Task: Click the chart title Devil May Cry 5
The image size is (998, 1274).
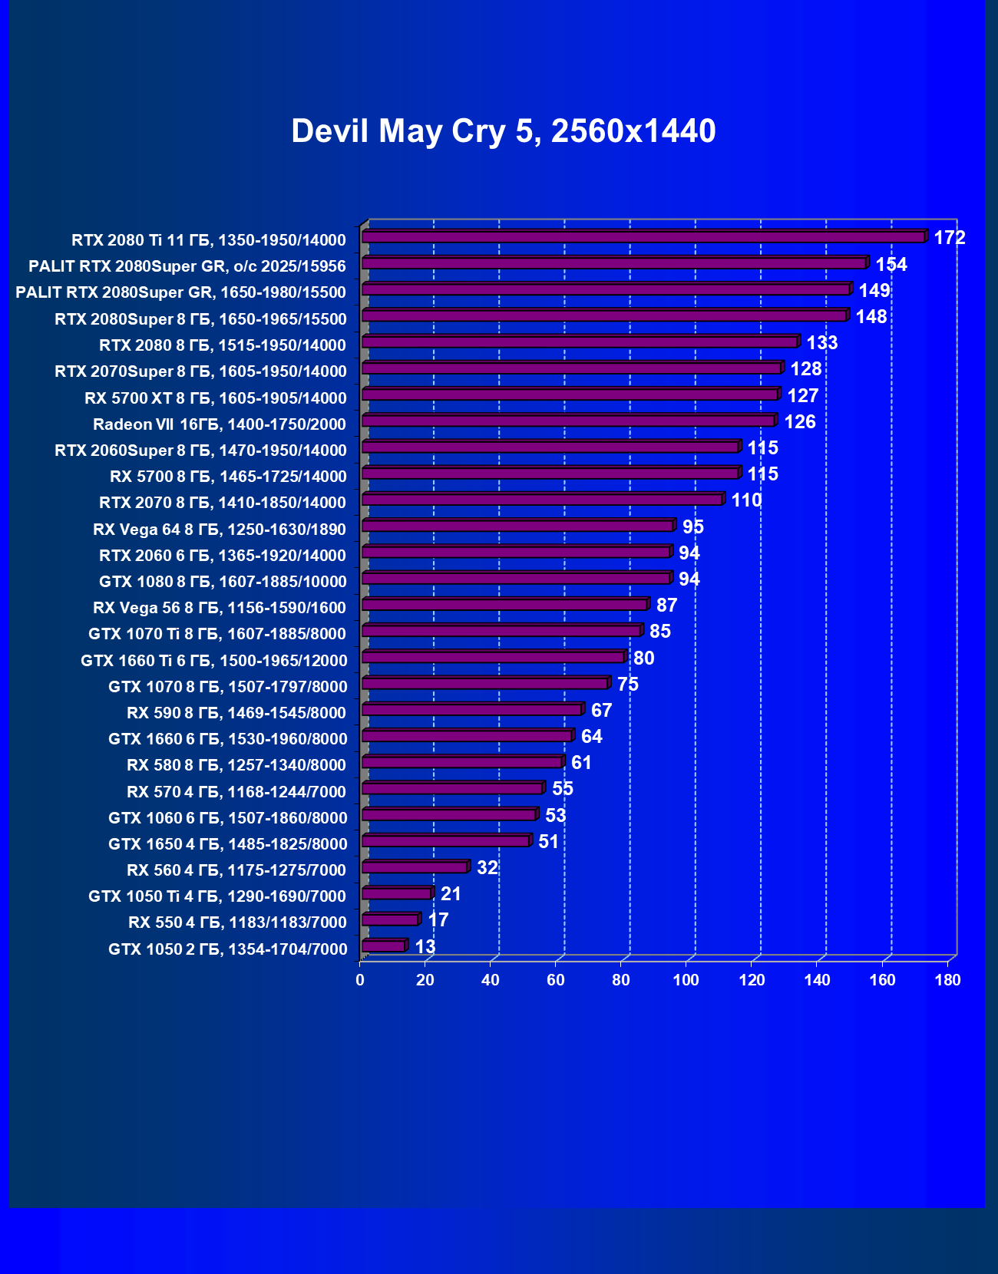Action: click(x=503, y=131)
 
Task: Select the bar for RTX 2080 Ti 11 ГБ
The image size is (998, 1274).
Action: click(x=643, y=237)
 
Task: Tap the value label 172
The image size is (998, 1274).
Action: click(x=949, y=238)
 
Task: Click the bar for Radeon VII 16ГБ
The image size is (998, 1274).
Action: click(x=568, y=421)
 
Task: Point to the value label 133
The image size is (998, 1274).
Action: click(x=821, y=343)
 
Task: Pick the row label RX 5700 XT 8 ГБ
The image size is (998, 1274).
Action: click(x=216, y=398)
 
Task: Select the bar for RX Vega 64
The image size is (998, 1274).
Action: click(x=517, y=526)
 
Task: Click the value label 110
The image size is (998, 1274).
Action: click(x=746, y=500)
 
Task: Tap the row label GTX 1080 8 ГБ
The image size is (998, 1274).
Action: click(x=223, y=582)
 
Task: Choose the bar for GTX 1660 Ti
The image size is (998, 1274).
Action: click(x=493, y=657)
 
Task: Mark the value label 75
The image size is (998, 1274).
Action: click(x=627, y=684)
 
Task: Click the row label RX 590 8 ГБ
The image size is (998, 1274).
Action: click(x=236, y=713)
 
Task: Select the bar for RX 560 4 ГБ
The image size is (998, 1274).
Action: click(x=415, y=867)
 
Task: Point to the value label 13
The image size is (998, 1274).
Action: click(x=425, y=946)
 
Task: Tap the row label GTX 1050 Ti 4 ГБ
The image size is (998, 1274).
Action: click(x=217, y=896)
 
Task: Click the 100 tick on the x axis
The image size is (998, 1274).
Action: click(x=686, y=980)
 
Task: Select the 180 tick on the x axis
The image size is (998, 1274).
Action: click(x=948, y=980)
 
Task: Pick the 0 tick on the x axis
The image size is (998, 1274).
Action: click(x=360, y=980)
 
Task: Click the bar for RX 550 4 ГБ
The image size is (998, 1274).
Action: click(x=390, y=919)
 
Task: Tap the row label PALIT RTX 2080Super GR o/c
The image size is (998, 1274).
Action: click(x=187, y=266)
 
